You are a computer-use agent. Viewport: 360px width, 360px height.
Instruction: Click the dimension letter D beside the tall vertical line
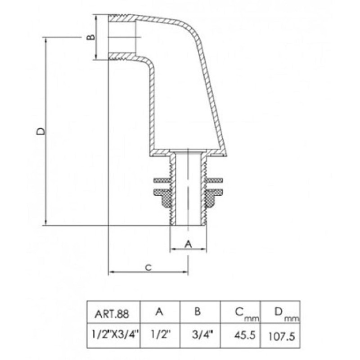click(x=41, y=131)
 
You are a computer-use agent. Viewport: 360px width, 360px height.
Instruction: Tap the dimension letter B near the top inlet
click(x=91, y=37)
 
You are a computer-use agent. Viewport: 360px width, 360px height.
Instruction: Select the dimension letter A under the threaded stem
click(x=188, y=244)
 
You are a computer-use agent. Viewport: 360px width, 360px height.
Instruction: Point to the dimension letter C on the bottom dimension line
click(x=148, y=267)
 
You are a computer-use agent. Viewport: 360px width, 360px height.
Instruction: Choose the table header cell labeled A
click(x=160, y=311)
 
